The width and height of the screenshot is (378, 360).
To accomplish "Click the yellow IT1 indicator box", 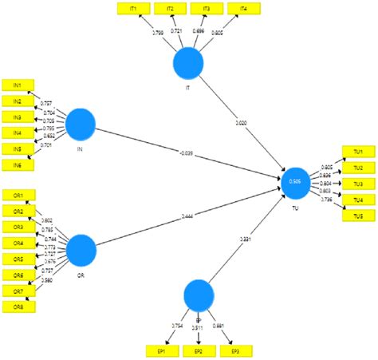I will pos(133,9).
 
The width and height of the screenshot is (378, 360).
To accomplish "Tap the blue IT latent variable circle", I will pos(188,63).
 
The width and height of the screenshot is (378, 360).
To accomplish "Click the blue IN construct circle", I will pos(81,123).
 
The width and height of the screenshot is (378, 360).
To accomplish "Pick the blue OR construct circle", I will pos(81,250).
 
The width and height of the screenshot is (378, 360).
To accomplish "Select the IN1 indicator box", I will pos(17,85).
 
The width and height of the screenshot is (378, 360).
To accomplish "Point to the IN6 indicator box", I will pos(17,164).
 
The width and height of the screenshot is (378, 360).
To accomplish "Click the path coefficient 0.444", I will pos(184,216).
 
